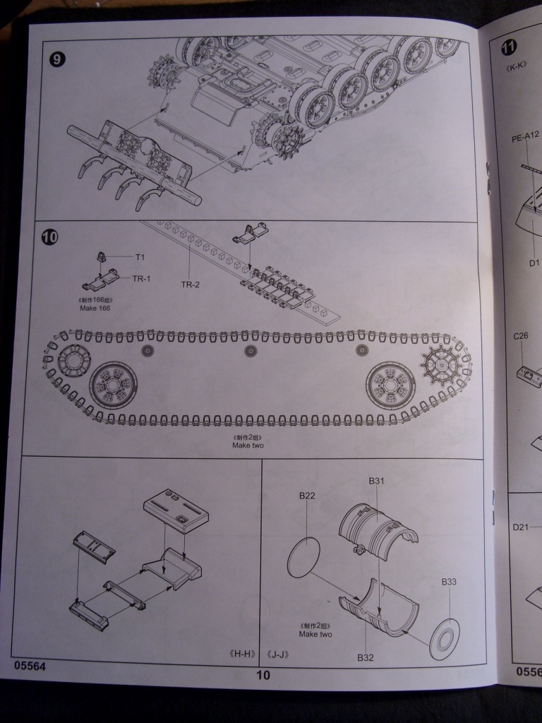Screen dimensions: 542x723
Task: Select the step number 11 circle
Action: tap(508, 48)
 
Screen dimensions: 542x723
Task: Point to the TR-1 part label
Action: tap(142, 279)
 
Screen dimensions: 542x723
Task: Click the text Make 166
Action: tap(97, 309)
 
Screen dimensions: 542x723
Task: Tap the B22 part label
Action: tap(307, 496)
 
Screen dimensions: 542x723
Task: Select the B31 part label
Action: tap(376, 482)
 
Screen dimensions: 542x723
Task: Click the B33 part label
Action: tap(450, 582)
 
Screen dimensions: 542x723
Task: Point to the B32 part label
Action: tap(365, 657)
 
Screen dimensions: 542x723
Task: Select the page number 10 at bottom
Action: tap(263, 675)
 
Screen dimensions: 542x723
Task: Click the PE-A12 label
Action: tap(526, 139)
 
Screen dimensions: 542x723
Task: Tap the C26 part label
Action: tap(521, 335)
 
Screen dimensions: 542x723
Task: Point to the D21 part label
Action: tap(521, 527)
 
